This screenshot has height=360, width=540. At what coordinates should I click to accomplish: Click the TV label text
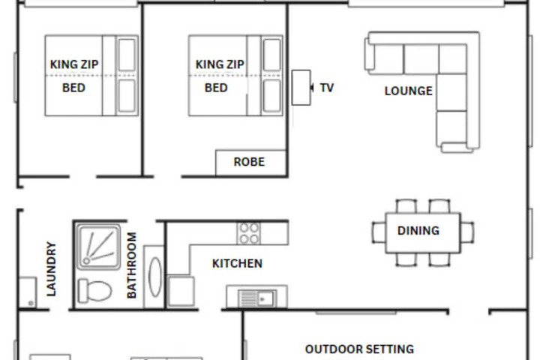pos(327,88)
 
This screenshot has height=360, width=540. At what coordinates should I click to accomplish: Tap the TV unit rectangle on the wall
pos(301,88)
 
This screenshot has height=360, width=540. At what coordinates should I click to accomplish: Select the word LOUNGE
pos(409,91)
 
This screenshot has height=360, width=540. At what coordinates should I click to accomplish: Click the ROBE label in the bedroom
pos(249,162)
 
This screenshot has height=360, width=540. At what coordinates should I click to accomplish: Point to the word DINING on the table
pos(418,230)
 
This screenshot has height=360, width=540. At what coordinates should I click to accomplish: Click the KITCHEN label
pos(237,263)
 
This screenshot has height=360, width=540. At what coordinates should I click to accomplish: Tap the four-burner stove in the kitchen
pos(249,233)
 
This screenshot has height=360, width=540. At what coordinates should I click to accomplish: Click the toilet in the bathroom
pos(94,291)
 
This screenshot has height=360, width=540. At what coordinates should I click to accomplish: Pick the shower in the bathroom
pos(98,247)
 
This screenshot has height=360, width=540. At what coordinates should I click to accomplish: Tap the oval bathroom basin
pos(155,277)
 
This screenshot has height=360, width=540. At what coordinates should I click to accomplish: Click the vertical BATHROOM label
pos(132,265)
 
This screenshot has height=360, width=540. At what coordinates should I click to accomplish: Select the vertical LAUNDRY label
pos(51,269)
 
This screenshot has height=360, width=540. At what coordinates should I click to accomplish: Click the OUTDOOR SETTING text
pos(359,349)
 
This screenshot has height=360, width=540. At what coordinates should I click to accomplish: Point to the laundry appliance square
pos(28,292)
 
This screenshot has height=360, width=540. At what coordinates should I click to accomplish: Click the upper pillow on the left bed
pos(127,55)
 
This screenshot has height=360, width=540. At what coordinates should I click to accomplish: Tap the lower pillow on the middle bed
pos(272,96)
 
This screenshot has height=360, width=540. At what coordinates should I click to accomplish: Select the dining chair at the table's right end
pos(467,232)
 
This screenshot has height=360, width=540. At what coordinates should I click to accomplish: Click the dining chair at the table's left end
pos(379,232)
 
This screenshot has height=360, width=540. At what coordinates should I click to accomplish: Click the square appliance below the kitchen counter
pos(181,291)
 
